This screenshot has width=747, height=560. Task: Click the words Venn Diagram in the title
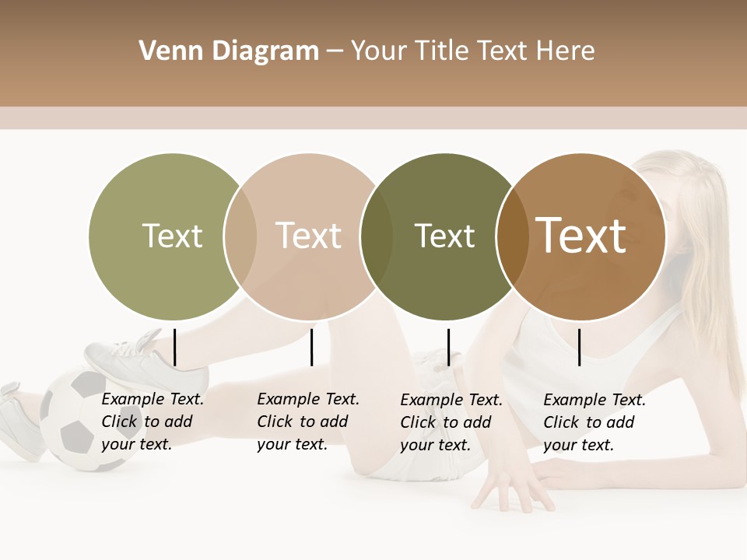[229, 51]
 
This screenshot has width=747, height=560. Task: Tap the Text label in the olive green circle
[172, 236]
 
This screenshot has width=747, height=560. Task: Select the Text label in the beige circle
[308, 236]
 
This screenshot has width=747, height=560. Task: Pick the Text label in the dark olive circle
[444, 236]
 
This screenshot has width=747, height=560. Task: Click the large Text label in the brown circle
[581, 235]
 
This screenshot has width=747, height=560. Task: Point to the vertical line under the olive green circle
[175, 347]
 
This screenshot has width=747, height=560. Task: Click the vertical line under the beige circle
[311, 347]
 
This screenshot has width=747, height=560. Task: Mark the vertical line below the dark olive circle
[448, 347]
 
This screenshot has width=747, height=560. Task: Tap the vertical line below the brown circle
[580, 347]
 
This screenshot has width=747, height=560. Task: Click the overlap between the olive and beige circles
[240, 236]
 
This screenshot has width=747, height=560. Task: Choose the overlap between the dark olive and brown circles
[512, 236]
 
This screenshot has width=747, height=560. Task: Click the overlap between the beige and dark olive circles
[377, 236]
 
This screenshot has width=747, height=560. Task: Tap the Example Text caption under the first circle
[152, 422]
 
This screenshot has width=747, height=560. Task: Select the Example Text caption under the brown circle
[594, 422]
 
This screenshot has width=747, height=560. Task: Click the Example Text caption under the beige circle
[307, 422]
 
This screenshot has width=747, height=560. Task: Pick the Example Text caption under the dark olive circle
[451, 422]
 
